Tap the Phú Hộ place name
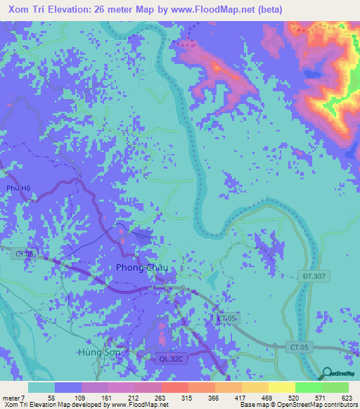(15, 188)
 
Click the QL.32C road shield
(171, 358)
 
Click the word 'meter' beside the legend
(12, 398)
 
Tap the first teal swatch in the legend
(41, 387)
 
